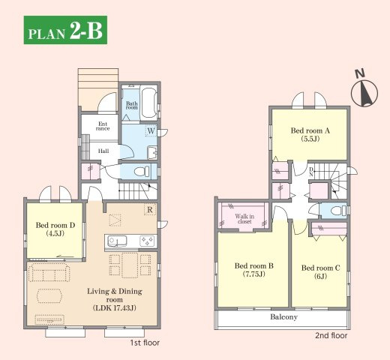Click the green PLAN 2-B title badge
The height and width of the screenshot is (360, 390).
click(65, 30)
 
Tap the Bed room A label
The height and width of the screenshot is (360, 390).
click(310, 130)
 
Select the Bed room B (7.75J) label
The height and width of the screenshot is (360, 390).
click(254, 270)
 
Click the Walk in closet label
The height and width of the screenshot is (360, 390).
click(244, 219)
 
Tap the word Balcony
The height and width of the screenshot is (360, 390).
click(283, 317)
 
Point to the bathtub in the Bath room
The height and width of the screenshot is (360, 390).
click(149, 103)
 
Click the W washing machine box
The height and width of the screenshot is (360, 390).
click(151, 130)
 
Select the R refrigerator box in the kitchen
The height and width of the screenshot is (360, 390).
click(150, 209)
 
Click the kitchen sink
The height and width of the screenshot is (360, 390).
click(117, 241)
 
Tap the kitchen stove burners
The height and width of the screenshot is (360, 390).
click(147, 241)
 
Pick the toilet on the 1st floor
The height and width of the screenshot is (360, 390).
click(142, 172)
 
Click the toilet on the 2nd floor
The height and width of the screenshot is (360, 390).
click(338, 211)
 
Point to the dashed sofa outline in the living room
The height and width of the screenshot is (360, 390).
click(49, 272)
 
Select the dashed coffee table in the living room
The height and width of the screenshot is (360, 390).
click(49, 295)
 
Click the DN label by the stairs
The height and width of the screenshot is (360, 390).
click(311, 172)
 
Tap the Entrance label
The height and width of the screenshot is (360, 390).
click(103, 126)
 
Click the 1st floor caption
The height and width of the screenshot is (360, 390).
click(145, 343)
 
